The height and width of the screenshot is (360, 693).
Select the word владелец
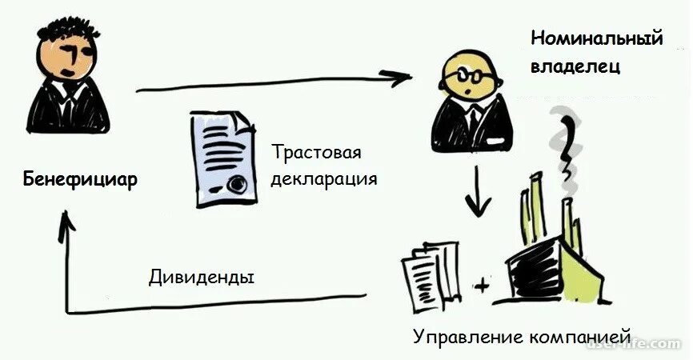575,67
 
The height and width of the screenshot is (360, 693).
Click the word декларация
323,178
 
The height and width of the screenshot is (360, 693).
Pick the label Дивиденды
202,278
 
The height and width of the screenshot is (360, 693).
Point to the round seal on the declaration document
237,185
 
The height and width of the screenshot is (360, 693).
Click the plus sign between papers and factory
481,284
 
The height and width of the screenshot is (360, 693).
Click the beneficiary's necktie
69,100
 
